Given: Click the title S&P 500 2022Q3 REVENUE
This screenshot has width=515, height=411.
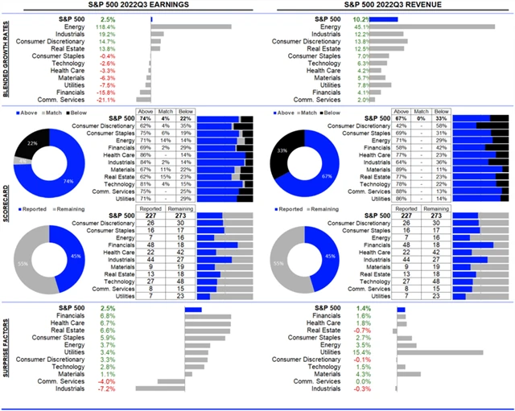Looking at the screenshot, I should click(385, 6).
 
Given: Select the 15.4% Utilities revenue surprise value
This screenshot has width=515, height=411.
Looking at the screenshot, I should click(363, 352).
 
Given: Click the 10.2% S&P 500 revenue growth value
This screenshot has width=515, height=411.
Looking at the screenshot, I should click(362, 18).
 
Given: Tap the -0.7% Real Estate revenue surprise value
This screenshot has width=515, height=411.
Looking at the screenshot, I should click(363, 331).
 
